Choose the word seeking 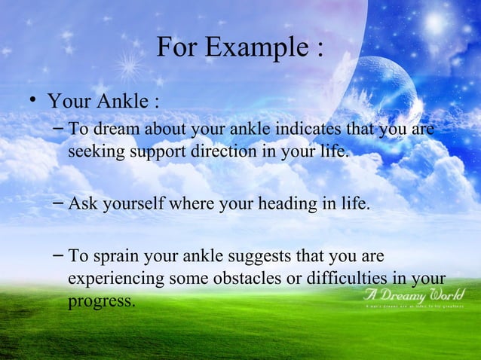[93, 153]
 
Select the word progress [100, 301]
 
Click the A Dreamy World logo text [414, 294]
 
